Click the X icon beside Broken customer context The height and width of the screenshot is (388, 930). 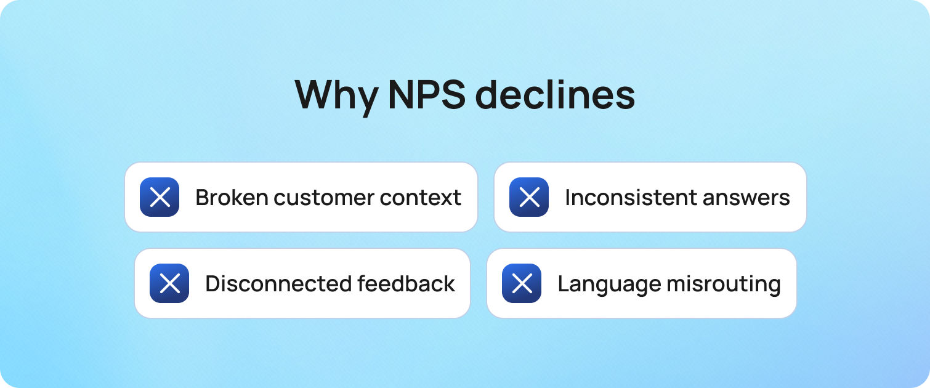tap(160, 197)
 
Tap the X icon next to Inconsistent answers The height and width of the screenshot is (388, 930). tap(529, 197)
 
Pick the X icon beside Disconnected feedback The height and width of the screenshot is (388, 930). tap(169, 283)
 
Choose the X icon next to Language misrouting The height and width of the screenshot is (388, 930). tap(522, 283)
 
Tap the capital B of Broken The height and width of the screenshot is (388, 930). tap(201, 198)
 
